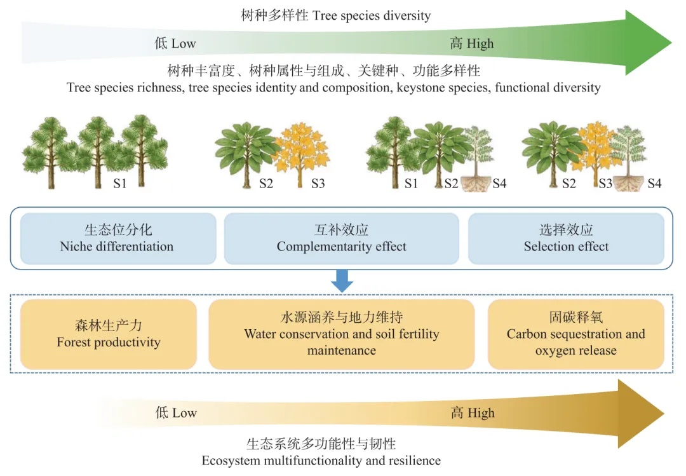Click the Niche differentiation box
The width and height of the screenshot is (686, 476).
coord(118,238)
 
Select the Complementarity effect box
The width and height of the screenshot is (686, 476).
coord(341,238)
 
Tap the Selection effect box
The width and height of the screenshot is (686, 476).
coord(566,238)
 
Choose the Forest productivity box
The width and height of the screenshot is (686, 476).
coord(109,334)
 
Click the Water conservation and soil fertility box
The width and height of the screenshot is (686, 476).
coord(341,334)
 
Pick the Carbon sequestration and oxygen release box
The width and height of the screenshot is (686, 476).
coord(575,334)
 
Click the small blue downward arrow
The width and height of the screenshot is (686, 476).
coord(342,280)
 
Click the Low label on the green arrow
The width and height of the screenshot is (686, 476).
coord(175,43)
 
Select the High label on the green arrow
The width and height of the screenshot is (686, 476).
coord(471,43)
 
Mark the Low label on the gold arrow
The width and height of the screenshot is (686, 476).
coord(176,413)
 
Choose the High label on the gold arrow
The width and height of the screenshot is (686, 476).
coord(473,413)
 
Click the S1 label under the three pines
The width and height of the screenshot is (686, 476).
coord(120,184)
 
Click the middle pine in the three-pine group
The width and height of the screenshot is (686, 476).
coord(97,149)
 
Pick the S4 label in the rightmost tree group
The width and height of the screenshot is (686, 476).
coord(654,184)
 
